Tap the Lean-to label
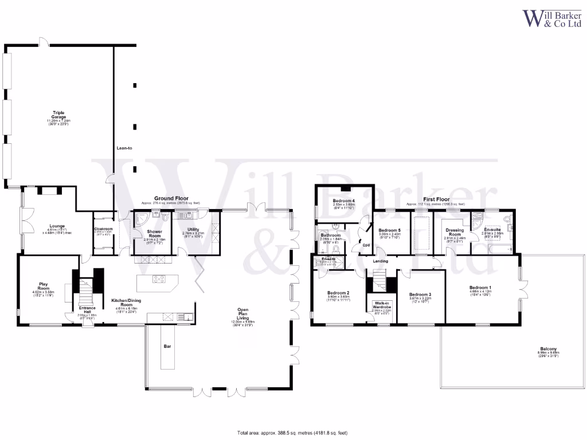click(x=124, y=148)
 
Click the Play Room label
click(x=44, y=286)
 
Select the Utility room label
click(x=193, y=230)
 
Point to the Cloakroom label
click(x=103, y=229)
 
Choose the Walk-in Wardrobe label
click(x=382, y=305)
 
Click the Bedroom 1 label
click(x=480, y=288)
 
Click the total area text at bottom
click(x=292, y=433)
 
